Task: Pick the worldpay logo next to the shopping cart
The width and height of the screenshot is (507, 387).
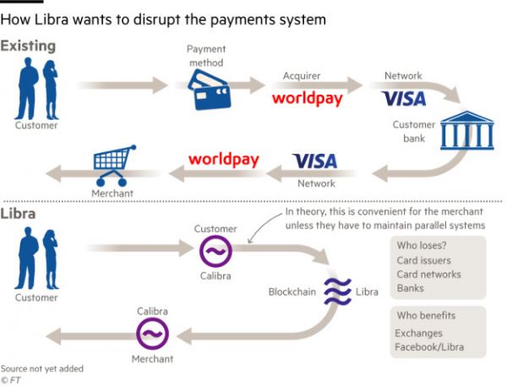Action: [223, 159]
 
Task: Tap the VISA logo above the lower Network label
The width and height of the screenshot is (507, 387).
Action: [314, 161]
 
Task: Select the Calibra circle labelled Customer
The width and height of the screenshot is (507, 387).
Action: [215, 251]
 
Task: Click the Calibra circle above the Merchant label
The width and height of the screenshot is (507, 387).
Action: [153, 335]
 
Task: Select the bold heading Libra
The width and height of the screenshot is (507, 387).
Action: [19, 214]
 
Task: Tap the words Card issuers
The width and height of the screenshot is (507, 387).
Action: [423, 260]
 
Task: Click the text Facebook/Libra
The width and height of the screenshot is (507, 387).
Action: [429, 347]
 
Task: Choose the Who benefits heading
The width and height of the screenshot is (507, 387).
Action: [425, 315]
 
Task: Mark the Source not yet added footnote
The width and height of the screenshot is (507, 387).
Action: [41, 368]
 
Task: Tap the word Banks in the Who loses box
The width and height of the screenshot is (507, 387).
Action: [410, 288]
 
